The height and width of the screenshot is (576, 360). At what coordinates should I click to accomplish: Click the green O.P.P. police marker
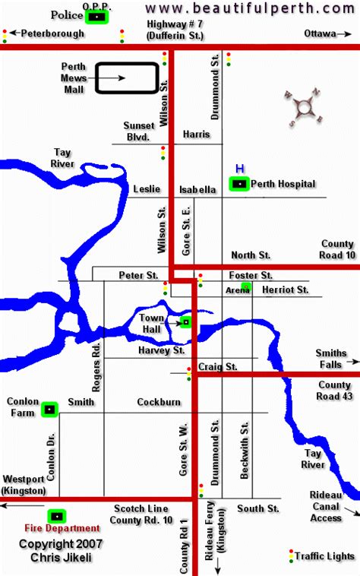coord(96,15)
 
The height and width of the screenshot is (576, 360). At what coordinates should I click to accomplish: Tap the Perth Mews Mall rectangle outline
coord(126,78)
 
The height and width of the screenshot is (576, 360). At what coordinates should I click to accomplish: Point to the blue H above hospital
coord(239,168)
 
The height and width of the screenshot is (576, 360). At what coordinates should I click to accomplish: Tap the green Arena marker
coord(246,287)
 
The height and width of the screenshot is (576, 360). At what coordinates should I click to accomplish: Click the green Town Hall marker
coord(185,322)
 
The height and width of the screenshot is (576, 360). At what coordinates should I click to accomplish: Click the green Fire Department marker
coord(55,515)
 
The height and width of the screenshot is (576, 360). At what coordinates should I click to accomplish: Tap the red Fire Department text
coord(62,528)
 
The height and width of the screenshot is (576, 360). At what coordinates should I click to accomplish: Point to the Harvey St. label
coord(162,350)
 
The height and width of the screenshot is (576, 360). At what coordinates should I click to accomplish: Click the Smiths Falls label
coord(332,359)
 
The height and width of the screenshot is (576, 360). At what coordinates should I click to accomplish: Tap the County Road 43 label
coord(334,391)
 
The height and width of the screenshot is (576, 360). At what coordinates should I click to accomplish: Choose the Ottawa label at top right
coord(320,34)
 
